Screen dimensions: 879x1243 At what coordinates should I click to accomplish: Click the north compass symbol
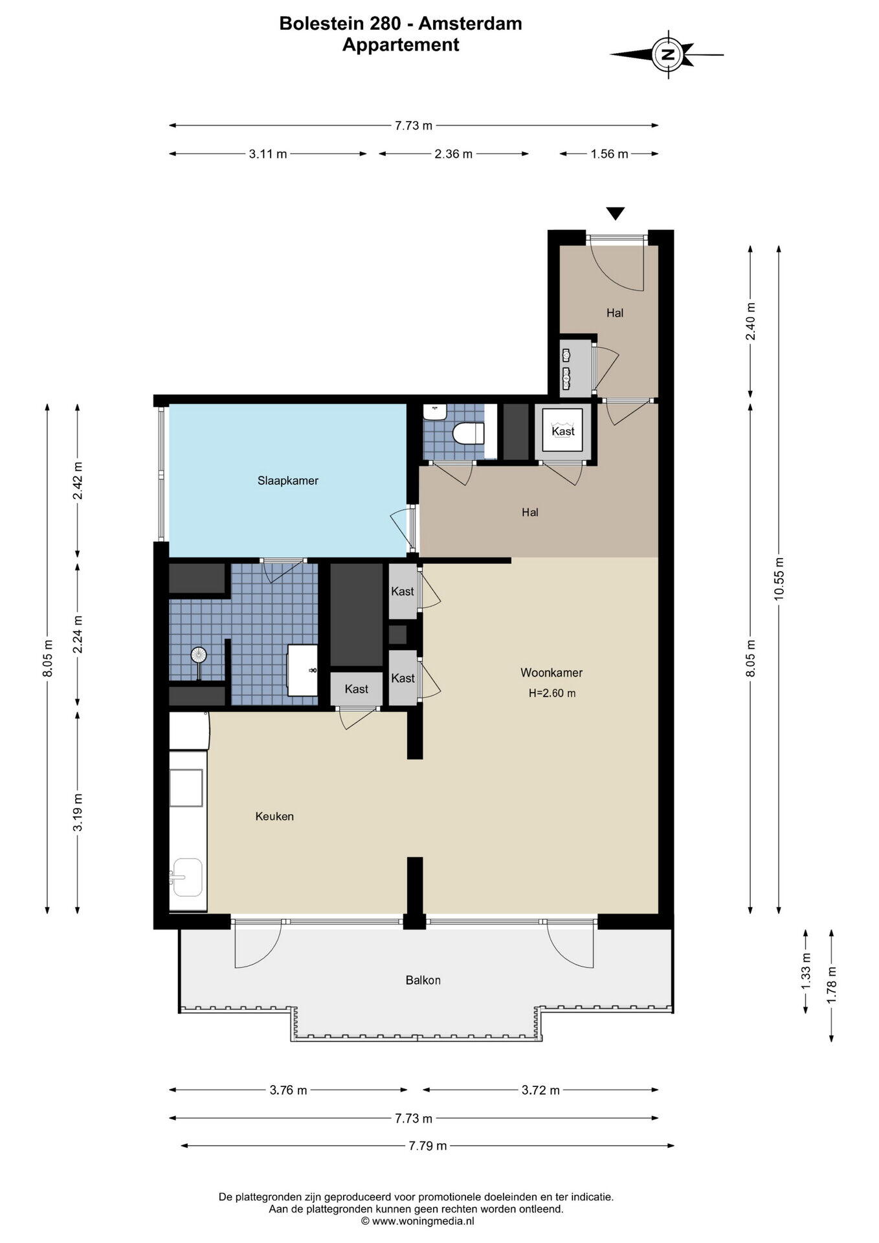click(667, 54)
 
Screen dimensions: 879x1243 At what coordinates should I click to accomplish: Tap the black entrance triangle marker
click(615, 213)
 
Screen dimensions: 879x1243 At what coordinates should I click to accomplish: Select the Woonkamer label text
click(551, 673)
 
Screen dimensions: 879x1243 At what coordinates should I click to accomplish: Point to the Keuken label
click(274, 816)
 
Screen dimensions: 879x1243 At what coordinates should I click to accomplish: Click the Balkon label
click(423, 980)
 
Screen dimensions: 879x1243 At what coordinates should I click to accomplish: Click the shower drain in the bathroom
click(199, 655)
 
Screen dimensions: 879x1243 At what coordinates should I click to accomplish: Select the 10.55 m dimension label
click(779, 579)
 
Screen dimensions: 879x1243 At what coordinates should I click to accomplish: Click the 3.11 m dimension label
click(268, 154)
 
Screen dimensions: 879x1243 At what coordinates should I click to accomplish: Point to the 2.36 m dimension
click(454, 154)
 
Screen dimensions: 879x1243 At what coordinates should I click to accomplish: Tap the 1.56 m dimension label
click(609, 154)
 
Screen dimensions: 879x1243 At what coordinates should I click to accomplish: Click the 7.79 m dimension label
click(428, 1146)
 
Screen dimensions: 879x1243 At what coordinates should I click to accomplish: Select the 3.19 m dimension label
click(78, 812)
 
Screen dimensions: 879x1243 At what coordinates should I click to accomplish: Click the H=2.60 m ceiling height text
click(552, 693)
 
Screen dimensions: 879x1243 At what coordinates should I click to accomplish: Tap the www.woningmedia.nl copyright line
click(417, 1221)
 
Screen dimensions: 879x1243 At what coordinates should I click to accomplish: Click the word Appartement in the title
click(401, 45)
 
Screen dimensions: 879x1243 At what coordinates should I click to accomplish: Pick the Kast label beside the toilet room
click(563, 431)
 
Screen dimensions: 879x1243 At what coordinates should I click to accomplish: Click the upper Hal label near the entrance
click(615, 313)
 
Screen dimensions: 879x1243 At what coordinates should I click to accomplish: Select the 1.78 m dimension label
click(832, 985)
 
